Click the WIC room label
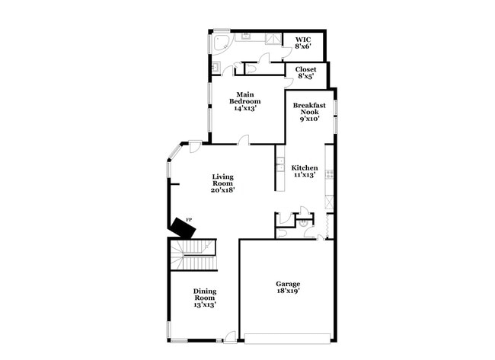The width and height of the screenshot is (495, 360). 304,43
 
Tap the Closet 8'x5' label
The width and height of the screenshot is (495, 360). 306,72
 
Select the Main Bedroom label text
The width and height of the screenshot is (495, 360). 245,101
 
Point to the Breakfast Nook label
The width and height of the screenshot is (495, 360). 309,110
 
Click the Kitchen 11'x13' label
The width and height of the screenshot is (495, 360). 305,170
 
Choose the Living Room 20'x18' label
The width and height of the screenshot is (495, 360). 222,183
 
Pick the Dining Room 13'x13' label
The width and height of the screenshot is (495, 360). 204,298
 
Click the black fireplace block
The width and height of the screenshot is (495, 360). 181,227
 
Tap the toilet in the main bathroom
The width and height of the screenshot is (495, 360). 251,69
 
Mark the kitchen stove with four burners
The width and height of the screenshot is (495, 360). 329,174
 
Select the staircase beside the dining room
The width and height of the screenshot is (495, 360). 193,254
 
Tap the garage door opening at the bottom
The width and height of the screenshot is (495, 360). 288,337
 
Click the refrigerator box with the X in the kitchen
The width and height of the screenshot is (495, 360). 329,202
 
